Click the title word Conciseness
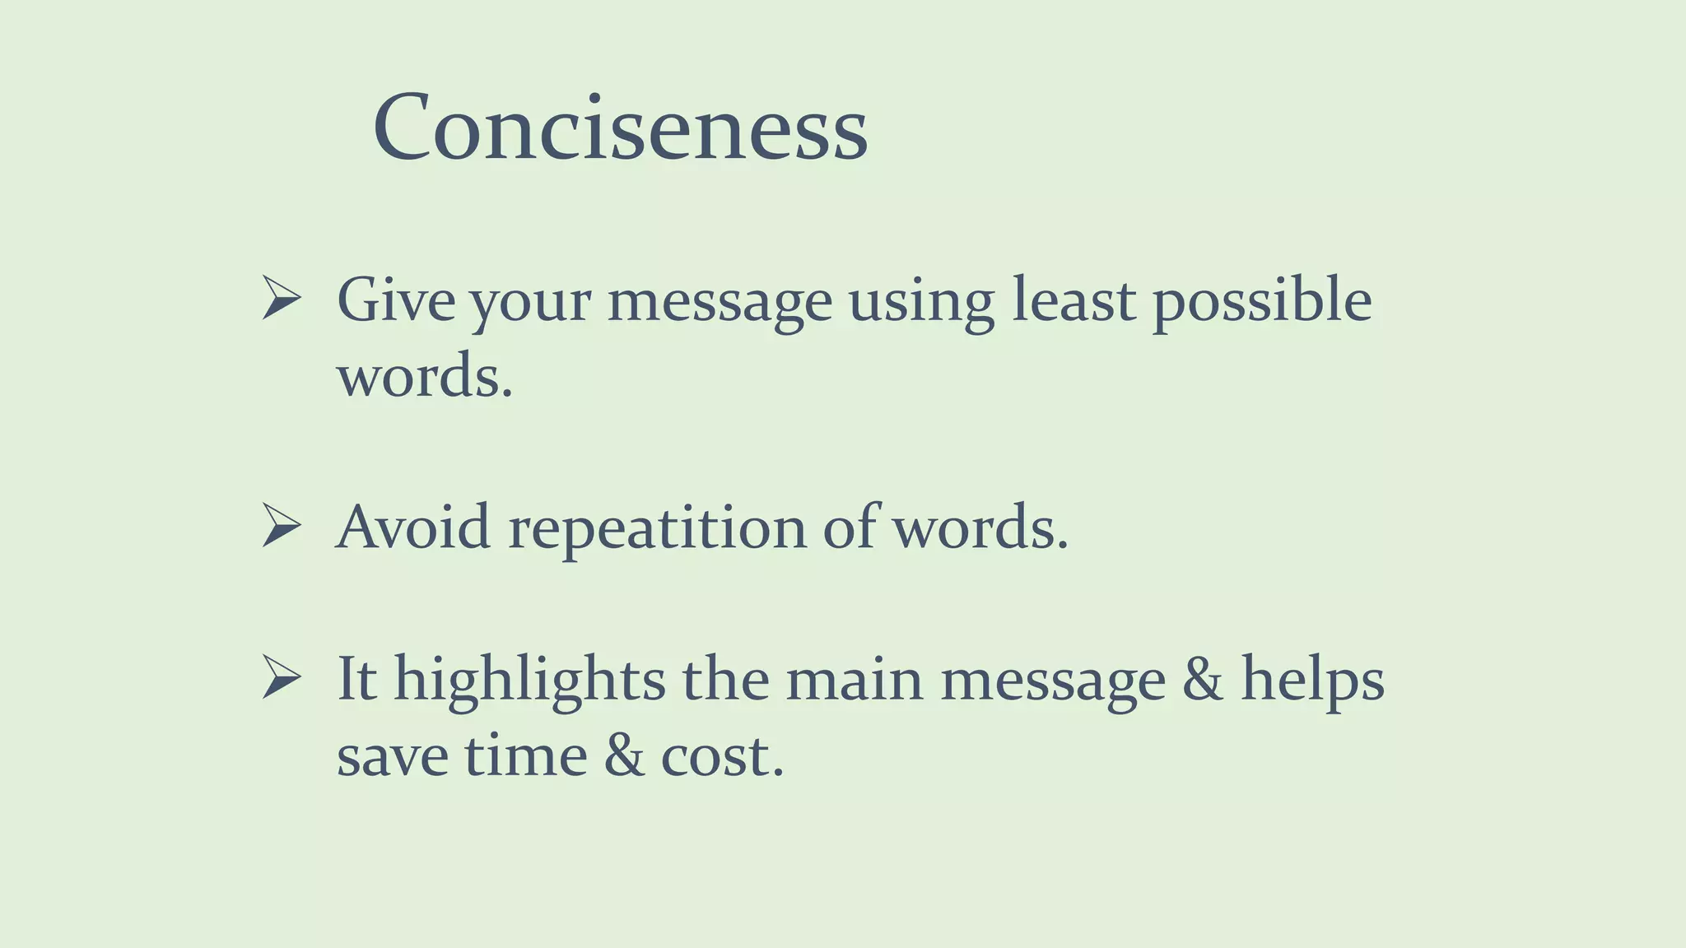point(620,128)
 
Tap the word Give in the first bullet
point(395,300)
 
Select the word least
point(1074,300)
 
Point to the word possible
point(1261,301)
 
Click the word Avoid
point(413,527)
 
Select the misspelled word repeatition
point(657,528)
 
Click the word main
point(854,680)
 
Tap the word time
point(525,755)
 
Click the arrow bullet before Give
point(281,298)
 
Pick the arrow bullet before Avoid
point(281,525)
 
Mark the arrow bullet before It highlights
point(281,678)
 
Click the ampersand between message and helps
point(1202,680)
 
